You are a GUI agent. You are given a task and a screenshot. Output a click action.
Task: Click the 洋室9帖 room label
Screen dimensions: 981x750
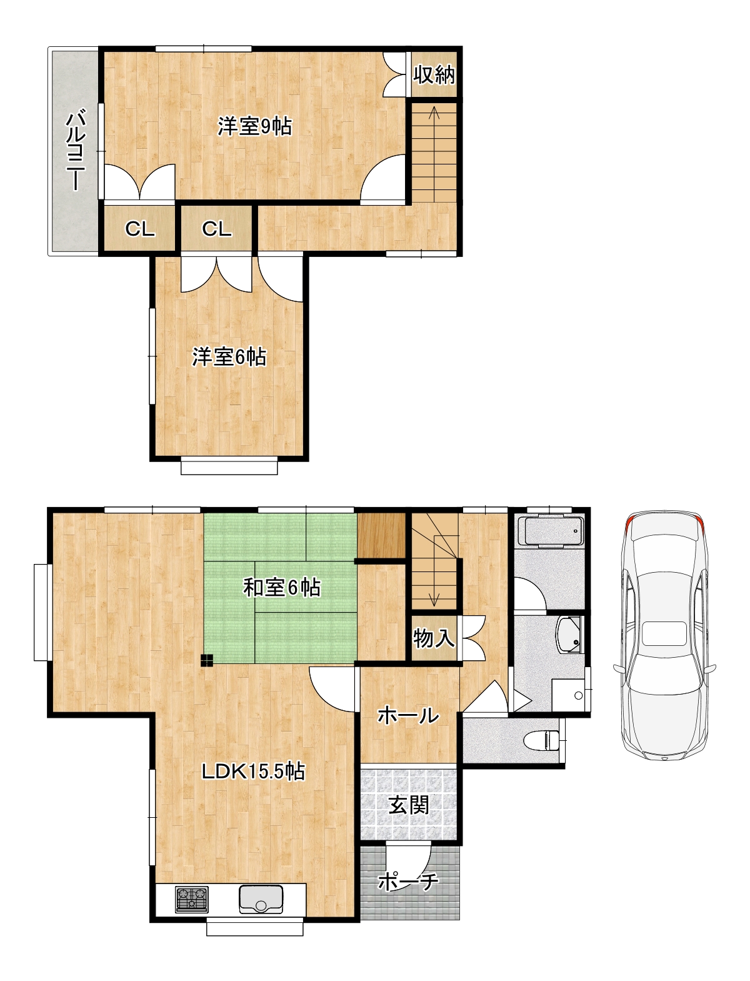[x=254, y=126]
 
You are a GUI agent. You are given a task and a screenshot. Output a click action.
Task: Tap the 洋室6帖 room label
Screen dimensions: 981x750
[x=229, y=357]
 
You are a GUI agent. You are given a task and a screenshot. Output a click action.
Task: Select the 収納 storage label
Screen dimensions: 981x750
[x=434, y=75]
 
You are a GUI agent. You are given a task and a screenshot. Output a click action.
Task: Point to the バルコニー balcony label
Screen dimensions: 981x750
[x=76, y=150]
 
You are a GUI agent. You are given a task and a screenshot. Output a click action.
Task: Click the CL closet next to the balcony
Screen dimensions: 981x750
[x=139, y=229]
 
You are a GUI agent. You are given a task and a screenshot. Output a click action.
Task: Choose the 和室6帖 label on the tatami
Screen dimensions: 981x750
[x=282, y=588]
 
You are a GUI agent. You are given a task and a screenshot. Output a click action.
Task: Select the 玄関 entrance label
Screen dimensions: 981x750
[x=409, y=805]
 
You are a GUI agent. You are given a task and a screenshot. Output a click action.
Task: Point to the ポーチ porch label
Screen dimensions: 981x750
[x=408, y=882]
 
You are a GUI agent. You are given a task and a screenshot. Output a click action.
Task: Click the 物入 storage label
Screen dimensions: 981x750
[x=433, y=638]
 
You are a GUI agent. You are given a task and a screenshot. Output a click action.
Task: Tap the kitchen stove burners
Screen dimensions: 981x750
[x=192, y=899]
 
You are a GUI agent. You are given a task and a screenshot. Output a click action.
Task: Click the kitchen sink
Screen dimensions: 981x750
[x=261, y=898]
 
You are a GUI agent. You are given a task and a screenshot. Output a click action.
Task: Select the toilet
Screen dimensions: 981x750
[x=542, y=740]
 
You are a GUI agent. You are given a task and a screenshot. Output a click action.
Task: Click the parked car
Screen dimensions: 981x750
[x=665, y=635]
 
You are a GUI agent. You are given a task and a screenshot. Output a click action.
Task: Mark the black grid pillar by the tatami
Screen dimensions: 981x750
[x=207, y=660]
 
